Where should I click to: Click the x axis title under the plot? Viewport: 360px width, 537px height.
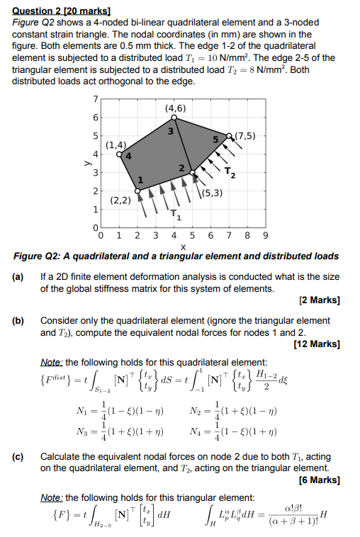[184, 247]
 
